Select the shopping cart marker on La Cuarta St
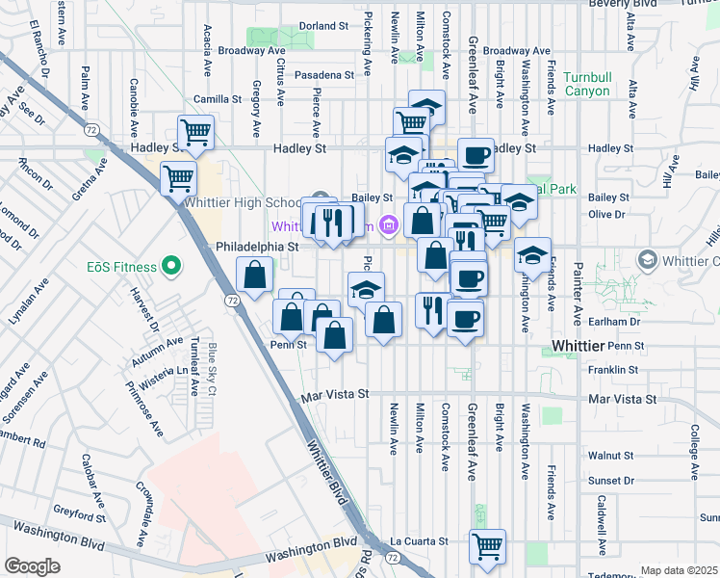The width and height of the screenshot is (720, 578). [x=488, y=545]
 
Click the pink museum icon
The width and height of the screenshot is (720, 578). [x=389, y=226]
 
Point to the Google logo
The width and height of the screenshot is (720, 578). [x=32, y=566]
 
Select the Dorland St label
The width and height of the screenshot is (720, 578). [x=323, y=25]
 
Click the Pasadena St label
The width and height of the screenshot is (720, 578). [x=323, y=74]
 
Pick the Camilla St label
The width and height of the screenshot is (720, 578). [x=217, y=98]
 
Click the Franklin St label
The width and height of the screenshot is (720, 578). [x=613, y=369]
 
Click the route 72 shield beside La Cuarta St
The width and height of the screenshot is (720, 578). [x=392, y=557]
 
